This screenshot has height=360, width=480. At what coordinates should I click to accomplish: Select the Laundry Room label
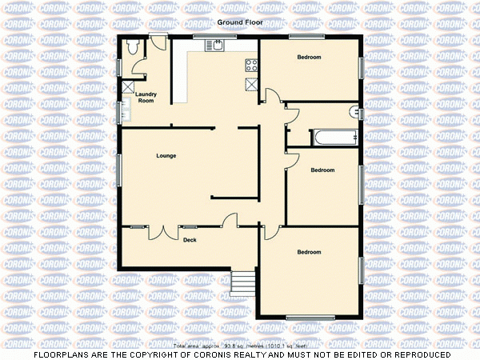[x=146, y=98]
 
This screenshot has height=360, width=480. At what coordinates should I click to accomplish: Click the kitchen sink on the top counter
[x=216, y=44]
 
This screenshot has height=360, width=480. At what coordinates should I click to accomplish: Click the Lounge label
[x=166, y=155]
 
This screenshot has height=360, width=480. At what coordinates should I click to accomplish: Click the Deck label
[x=190, y=240]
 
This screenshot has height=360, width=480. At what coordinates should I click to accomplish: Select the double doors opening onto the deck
[x=166, y=232]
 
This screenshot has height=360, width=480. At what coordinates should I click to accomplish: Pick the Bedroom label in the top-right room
[x=309, y=58]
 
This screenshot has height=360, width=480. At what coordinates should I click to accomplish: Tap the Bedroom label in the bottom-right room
[x=309, y=252]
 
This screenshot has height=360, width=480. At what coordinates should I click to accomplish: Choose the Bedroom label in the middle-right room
[x=322, y=170]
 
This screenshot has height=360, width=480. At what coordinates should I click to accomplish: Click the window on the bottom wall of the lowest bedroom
[x=310, y=318]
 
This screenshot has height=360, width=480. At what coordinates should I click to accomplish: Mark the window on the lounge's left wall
[x=119, y=170]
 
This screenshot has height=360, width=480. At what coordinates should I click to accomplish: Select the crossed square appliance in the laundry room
[x=127, y=88]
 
